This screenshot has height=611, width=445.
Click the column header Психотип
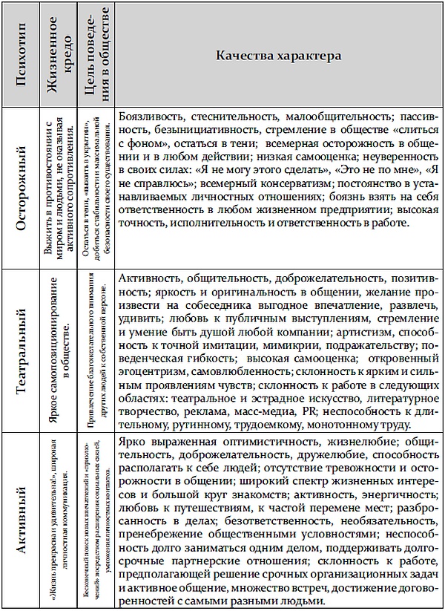22,56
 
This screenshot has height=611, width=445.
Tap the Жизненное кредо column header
61,56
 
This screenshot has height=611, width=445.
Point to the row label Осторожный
22,190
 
